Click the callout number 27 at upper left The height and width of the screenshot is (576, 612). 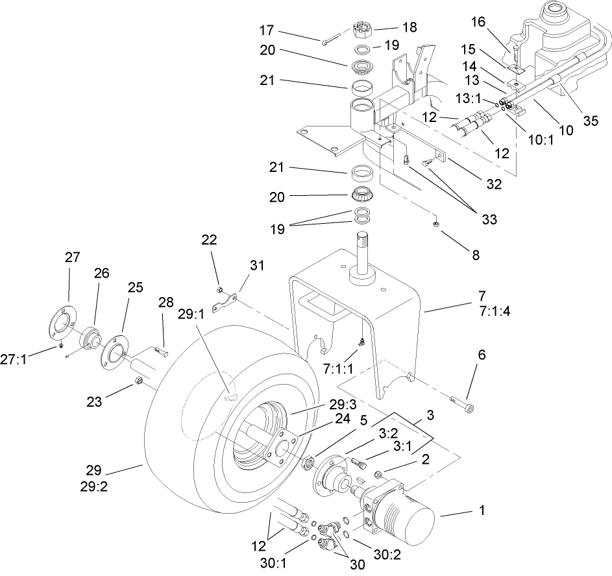72,258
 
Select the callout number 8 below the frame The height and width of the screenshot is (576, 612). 475,255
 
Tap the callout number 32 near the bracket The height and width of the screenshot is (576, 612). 494,184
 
